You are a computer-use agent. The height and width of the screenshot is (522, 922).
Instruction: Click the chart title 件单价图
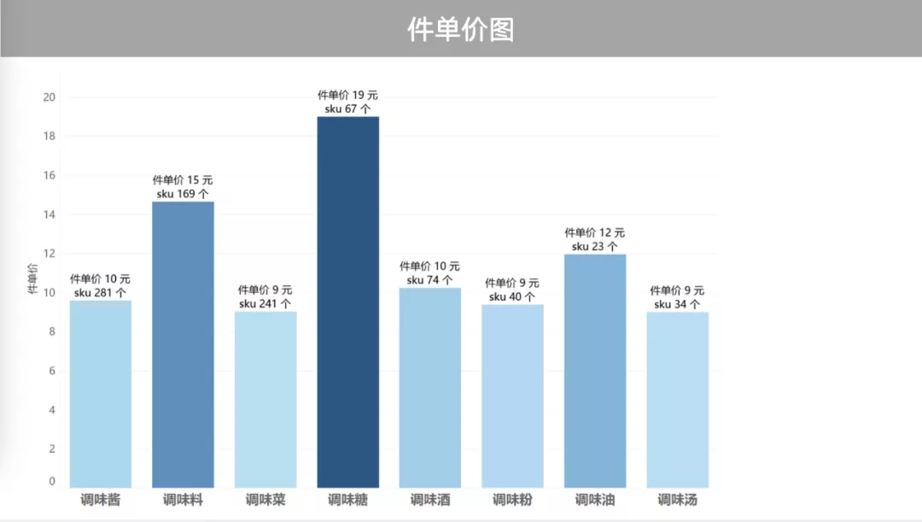[461, 30]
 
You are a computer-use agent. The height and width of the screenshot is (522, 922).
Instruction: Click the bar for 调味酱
[101, 394]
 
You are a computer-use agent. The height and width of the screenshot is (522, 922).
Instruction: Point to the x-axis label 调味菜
[266, 500]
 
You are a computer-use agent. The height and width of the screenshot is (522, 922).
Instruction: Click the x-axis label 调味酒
[430, 500]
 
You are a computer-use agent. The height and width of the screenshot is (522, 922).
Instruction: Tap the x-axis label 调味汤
[677, 500]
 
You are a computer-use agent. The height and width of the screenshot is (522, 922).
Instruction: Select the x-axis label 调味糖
[348, 500]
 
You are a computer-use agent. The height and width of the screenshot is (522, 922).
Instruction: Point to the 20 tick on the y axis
[50, 97]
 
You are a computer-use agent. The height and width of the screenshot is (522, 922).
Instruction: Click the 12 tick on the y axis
[50, 253]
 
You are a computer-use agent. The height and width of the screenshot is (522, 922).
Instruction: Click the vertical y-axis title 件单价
[32, 279]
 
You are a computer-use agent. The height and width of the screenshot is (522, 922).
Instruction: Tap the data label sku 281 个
[100, 293]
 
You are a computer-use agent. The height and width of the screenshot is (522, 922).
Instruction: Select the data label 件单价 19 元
[347, 95]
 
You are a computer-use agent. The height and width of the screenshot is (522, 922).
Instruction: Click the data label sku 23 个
[594, 246]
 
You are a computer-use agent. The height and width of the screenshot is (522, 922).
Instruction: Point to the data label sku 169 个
[183, 194]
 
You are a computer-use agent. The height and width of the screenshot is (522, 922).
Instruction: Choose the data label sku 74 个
[429, 280]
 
